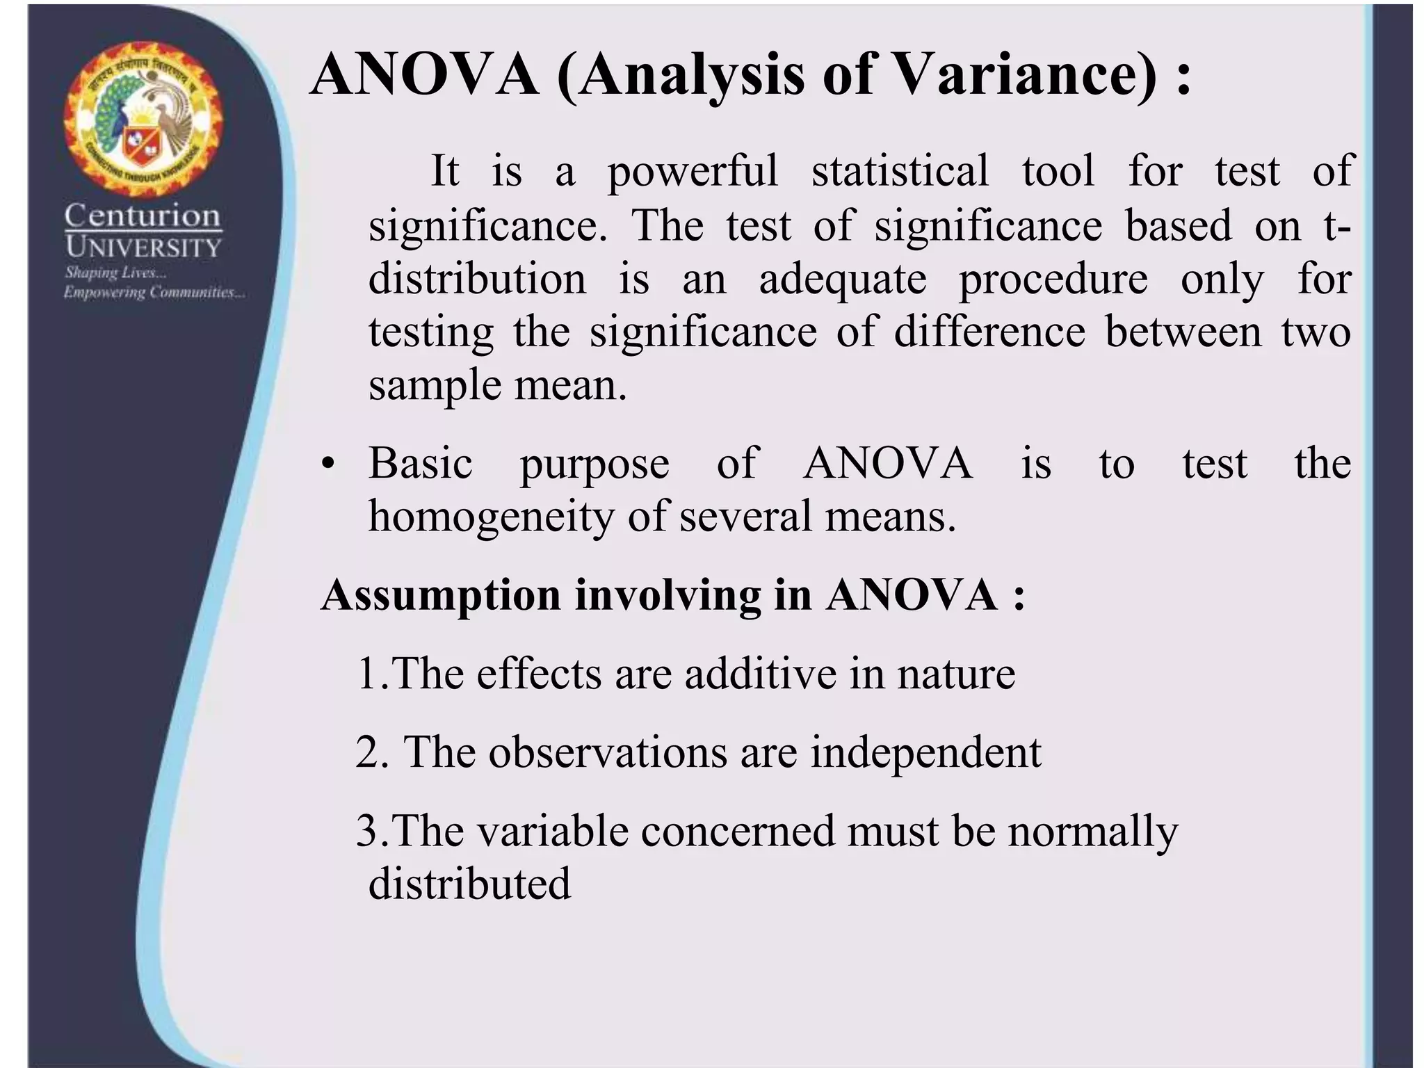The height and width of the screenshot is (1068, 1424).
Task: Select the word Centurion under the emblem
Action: pyautogui.click(x=143, y=216)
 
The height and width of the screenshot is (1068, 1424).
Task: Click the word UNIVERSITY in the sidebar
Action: pyautogui.click(x=143, y=248)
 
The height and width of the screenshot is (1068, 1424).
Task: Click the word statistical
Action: pyautogui.click(x=900, y=171)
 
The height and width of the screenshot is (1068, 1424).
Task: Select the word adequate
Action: pyautogui.click(x=843, y=280)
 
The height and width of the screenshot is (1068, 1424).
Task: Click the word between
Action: pyautogui.click(x=1183, y=332)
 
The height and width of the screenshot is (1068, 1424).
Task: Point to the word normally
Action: pyautogui.click(x=1092, y=832)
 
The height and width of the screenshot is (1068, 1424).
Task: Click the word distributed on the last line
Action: pyautogui.click(x=469, y=884)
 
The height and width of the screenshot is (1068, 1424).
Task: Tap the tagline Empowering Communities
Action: pyautogui.click(x=154, y=293)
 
